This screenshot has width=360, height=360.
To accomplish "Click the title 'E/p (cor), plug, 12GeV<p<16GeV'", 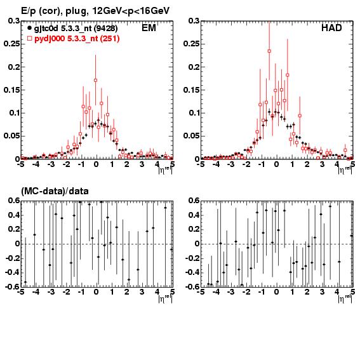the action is coord(95,11).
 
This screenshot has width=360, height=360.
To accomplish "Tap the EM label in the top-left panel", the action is coord(149,28).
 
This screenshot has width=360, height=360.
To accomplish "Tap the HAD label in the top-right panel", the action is coord(331,28).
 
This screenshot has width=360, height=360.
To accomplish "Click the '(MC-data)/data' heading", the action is coord(55,191).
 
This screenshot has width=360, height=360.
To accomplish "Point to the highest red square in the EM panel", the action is coord(95,81).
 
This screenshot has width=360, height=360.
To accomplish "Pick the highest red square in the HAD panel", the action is coord(269,51).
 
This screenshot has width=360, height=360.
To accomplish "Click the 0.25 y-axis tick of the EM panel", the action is coord(11,44).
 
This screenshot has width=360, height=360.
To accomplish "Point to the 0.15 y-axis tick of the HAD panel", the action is coord(192,90).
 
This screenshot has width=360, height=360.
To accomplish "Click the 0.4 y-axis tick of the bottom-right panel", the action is coord(194,215).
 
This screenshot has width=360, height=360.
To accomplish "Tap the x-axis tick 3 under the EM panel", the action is coord(142,164).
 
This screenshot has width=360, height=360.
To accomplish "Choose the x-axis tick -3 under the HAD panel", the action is coord(230,164).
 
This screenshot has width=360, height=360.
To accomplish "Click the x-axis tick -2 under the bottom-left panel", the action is coord(66,292).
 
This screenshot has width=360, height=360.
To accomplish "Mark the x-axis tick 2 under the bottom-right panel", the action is coord(307,292).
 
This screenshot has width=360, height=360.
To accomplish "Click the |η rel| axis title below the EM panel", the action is coord(165,170).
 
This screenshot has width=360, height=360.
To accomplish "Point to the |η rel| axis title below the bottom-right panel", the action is coord(345,298).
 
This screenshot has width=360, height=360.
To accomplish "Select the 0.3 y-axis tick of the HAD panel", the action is coord(194,21).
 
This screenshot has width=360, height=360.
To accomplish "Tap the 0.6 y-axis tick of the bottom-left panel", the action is coord(14,201).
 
